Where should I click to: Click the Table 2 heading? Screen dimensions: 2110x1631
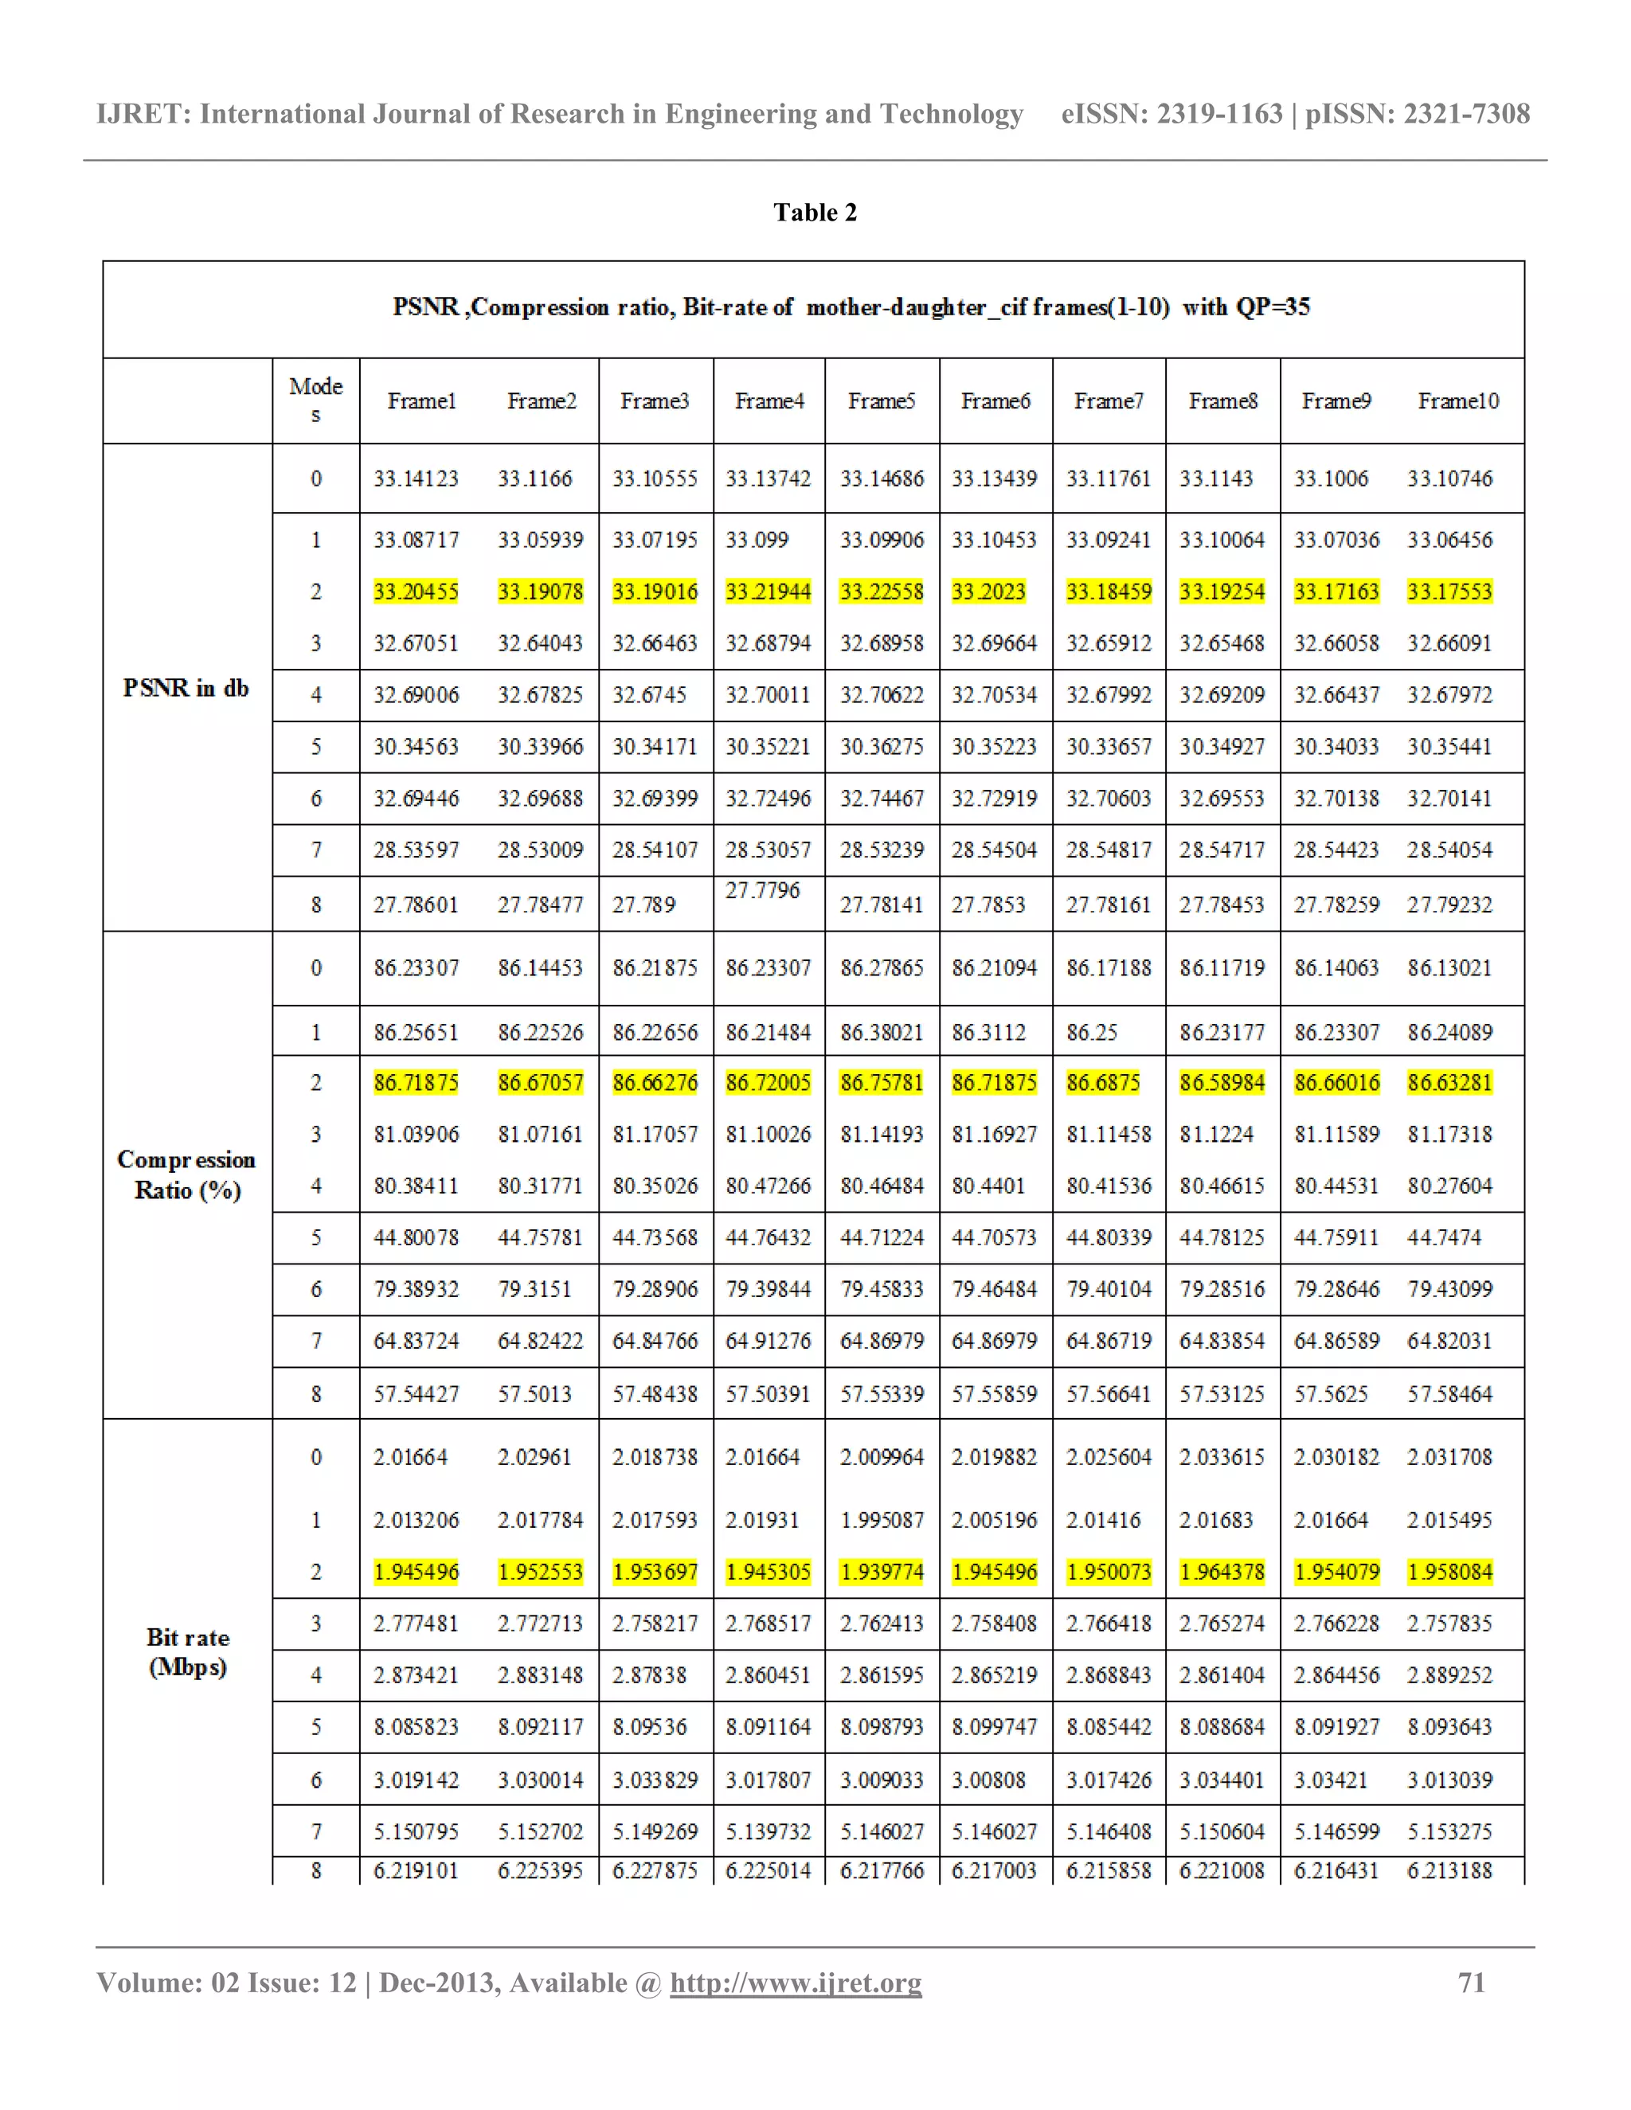[815, 213]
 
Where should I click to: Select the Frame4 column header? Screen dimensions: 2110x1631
[769, 401]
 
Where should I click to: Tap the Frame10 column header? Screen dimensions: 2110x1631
[1458, 401]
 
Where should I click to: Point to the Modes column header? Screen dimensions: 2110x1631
[316, 400]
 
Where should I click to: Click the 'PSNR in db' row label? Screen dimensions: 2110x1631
[186, 688]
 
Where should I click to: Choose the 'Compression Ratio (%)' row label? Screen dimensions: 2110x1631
[186, 1174]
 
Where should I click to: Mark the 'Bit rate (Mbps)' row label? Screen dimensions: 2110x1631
[187, 1652]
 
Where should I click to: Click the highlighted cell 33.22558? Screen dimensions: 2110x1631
[882, 592]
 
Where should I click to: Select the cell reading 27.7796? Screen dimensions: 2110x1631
[762, 890]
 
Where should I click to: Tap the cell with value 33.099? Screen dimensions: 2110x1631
[757, 540]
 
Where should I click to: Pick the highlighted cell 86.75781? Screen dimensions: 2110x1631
[882, 1083]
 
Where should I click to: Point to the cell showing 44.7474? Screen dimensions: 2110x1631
[1444, 1237]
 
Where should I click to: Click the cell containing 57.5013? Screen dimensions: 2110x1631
[534, 1394]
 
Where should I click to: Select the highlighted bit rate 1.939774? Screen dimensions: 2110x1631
[882, 1572]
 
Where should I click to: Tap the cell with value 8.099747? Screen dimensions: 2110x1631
[993, 1726]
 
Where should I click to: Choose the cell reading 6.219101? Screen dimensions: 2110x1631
[416, 1870]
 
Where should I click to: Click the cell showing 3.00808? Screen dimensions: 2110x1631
[988, 1780]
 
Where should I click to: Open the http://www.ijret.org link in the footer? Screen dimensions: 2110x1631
[796, 1983]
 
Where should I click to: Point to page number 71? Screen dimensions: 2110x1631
[1471, 1983]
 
